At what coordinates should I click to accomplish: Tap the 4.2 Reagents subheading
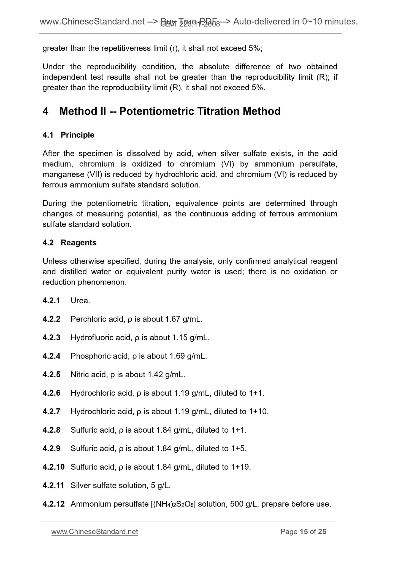pyautogui.click(x=69, y=243)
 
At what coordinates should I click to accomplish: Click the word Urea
pyautogui.click(x=80, y=300)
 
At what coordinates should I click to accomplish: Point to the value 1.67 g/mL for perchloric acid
pyautogui.click(x=183, y=319)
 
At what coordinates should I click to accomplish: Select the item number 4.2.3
pyautogui.click(x=52, y=337)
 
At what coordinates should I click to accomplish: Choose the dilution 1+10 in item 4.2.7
pyautogui.click(x=258, y=411)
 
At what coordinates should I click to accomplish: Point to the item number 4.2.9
pyautogui.click(x=52, y=448)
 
